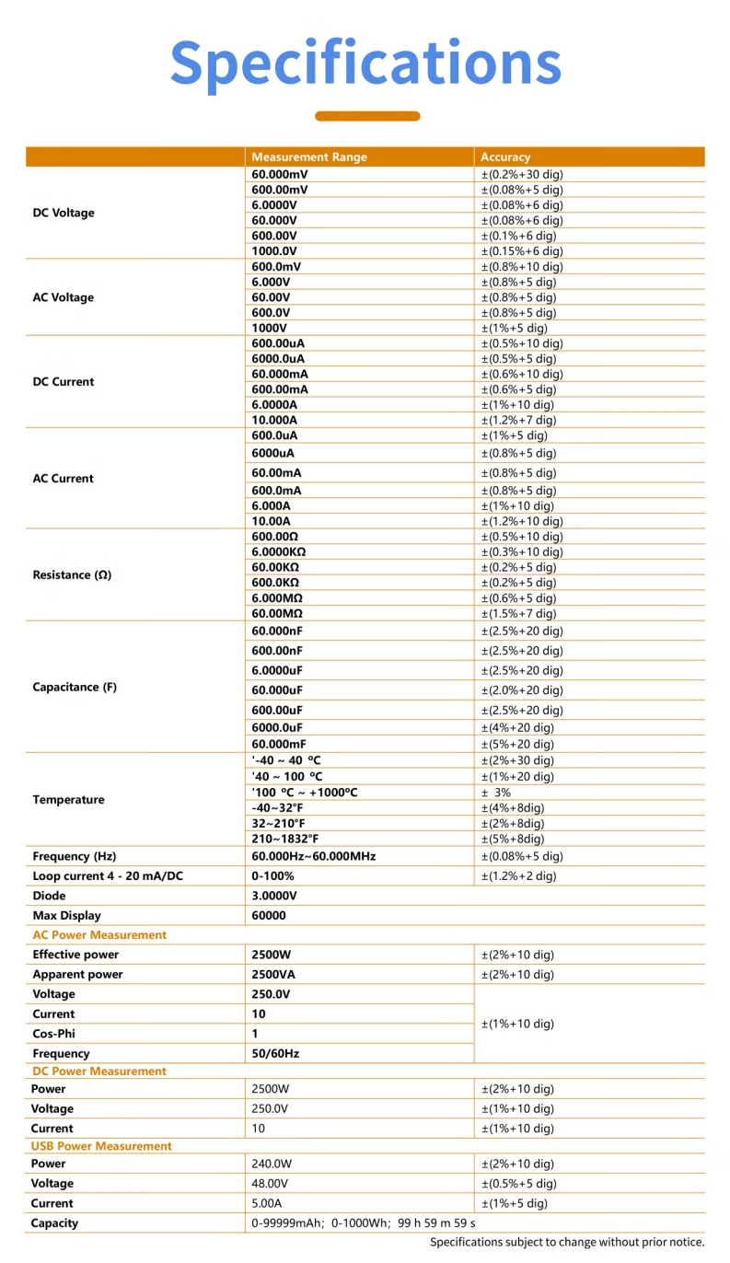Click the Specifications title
pos(365,63)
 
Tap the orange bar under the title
pos(367,116)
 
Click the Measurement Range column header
pos(308,157)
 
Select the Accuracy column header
pos(505,157)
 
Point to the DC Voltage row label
pos(64,213)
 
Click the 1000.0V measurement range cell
pos(274,251)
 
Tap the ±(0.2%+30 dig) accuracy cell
pos(522,174)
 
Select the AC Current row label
pos(64,479)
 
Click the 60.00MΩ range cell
pos(277,613)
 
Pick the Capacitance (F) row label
pos(75,687)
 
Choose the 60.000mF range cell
pos(279,744)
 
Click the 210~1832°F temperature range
pos(285,839)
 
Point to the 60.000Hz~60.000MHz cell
pos(314,856)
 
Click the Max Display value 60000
pos(269,916)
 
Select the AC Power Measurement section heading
pos(99,934)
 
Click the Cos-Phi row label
pos(53,1034)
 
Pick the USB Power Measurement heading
pos(101,1146)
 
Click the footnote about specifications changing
pos(567,1242)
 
